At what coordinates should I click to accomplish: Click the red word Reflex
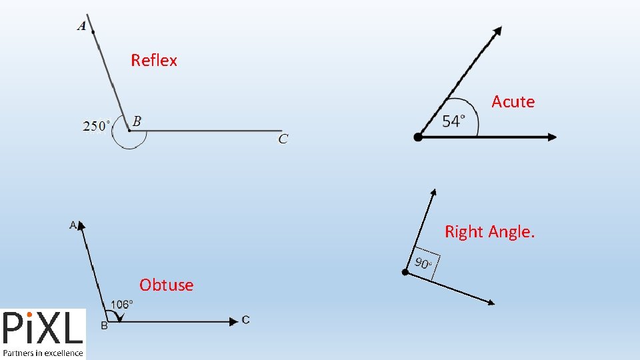[x=154, y=61]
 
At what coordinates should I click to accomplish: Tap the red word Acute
[x=513, y=102]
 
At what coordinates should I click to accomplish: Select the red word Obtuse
[x=166, y=285]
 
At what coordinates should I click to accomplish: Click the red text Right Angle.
[x=489, y=232]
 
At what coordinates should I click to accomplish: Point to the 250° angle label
[x=96, y=125]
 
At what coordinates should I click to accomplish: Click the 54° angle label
[x=451, y=121]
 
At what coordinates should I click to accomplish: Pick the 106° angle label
[x=121, y=304]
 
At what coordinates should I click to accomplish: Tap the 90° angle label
[x=424, y=263]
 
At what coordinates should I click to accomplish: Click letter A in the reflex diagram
[x=82, y=26]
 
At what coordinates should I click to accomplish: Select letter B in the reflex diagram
[x=137, y=121]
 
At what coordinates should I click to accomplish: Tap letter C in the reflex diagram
[x=283, y=139]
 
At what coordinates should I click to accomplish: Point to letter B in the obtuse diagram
[x=104, y=325]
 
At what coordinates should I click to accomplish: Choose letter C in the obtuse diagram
[x=246, y=321]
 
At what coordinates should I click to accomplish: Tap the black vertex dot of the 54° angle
[x=418, y=137]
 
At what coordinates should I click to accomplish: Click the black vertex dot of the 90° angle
[x=405, y=272]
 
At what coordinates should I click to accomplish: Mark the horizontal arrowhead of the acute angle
[x=551, y=137]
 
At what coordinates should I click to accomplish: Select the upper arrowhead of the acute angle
[x=497, y=31]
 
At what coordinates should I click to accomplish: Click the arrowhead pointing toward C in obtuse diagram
[x=233, y=321]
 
